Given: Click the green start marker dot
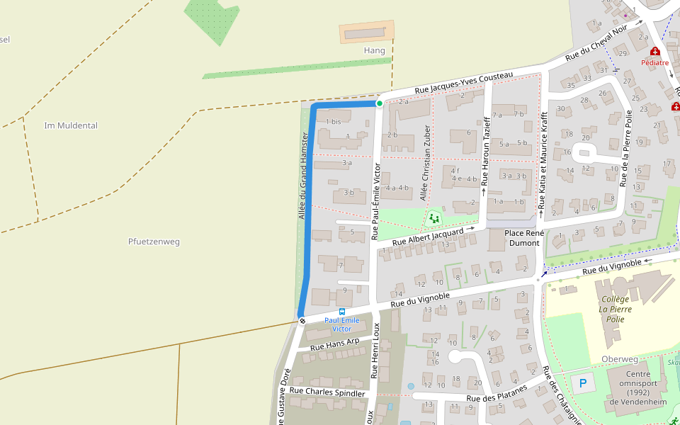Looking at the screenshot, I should [x=380, y=103].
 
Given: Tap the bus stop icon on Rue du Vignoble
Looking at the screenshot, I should [x=342, y=311].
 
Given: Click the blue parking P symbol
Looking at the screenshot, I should [x=583, y=384].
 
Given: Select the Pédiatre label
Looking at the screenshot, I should [x=654, y=62].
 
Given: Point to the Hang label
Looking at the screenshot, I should [x=374, y=50].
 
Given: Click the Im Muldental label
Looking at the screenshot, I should [x=71, y=125].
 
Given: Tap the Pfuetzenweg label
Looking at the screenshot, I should [x=154, y=242].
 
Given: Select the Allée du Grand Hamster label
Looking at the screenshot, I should [x=302, y=175].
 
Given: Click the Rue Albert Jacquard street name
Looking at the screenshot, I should [x=428, y=237].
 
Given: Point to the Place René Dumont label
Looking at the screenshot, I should [x=523, y=237].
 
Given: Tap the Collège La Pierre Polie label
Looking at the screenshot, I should [x=616, y=309].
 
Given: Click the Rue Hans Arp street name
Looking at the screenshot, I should [x=335, y=344].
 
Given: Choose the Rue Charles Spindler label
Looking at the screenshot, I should [x=327, y=392].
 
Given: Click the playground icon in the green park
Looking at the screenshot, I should [x=433, y=217].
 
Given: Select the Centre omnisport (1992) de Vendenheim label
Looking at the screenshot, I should [x=638, y=387].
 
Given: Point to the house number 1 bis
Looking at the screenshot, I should [x=333, y=121].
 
